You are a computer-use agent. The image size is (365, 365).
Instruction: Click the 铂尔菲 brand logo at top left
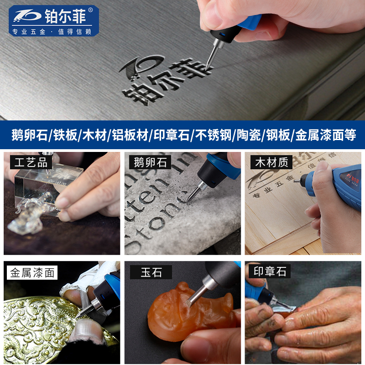pos(52,15)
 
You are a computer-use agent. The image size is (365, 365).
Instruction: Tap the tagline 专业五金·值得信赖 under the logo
pos(52,31)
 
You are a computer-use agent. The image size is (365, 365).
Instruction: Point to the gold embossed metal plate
pos(41,324)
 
